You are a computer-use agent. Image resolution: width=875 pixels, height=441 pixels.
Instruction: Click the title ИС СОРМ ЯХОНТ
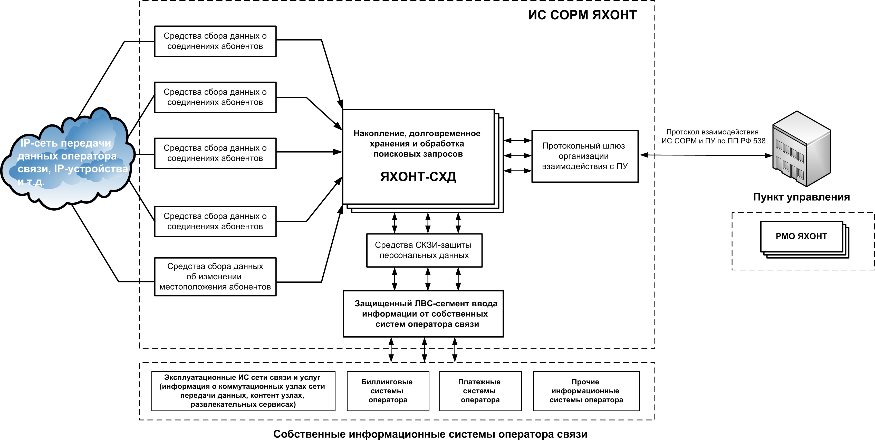click(582, 15)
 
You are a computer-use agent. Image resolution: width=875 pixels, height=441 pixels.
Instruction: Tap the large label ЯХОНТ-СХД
click(418, 177)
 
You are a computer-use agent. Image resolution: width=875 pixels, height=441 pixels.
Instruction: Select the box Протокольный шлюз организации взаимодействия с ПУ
click(585, 156)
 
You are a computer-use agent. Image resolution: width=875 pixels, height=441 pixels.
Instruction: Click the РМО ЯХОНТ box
click(801, 237)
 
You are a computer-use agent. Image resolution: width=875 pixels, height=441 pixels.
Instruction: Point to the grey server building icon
click(801, 149)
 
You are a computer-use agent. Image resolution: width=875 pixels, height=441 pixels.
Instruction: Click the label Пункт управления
click(801, 197)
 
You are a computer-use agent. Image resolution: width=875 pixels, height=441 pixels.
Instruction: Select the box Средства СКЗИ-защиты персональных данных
click(424, 250)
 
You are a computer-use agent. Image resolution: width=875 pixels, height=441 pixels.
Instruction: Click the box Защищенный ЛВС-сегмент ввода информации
click(423, 314)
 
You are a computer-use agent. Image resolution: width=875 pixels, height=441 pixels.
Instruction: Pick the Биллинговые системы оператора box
click(388, 391)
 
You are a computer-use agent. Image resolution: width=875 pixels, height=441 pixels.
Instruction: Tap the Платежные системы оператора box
click(480, 391)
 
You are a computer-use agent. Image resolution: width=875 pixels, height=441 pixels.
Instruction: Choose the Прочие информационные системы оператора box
click(586, 391)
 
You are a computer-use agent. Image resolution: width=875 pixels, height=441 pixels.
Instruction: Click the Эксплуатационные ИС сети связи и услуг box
click(243, 391)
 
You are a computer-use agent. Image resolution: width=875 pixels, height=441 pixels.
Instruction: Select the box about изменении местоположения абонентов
click(215, 277)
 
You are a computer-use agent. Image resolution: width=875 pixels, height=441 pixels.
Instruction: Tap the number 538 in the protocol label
click(759, 141)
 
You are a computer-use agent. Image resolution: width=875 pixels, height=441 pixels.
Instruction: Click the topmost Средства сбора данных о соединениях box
click(215, 41)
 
